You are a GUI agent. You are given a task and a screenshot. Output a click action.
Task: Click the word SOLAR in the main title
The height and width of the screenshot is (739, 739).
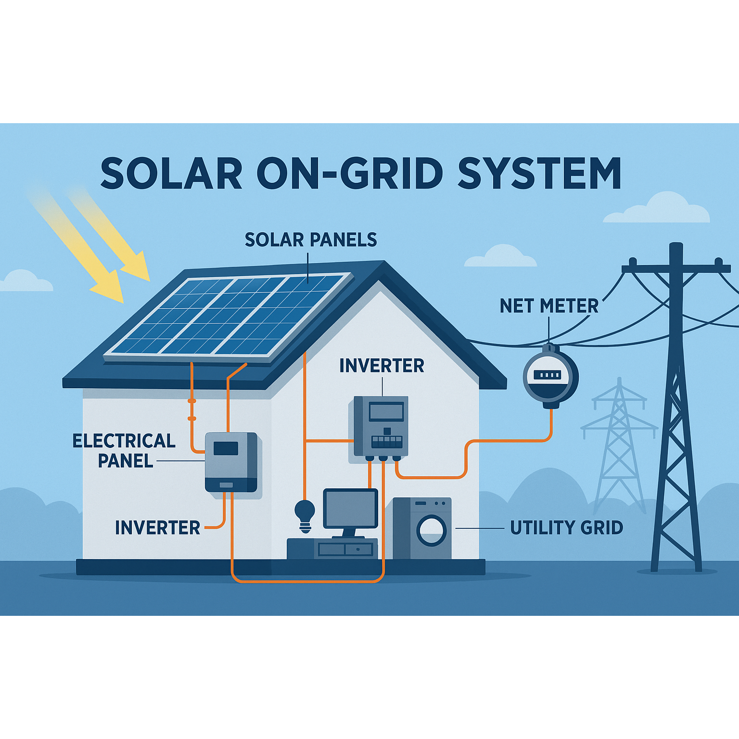tap(171, 173)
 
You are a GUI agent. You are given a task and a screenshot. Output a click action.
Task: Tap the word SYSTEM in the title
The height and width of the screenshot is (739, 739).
tap(539, 173)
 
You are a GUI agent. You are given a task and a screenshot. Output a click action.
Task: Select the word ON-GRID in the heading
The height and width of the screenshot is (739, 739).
tap(350, 173)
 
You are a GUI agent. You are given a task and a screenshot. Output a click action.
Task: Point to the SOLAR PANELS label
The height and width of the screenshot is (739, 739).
tap(311, 240)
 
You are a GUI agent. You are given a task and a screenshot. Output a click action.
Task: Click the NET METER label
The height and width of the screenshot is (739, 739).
tap(549, 306)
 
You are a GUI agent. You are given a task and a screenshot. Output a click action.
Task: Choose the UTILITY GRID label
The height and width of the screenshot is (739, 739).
tap(566, 528)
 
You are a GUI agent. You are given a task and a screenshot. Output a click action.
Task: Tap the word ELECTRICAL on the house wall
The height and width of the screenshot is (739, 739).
tap(124, 441)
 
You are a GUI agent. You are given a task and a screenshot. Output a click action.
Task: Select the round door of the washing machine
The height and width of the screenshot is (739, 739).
tap(432, 531)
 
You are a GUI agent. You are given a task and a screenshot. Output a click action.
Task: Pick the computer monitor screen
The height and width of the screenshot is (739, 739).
tap(350, 509)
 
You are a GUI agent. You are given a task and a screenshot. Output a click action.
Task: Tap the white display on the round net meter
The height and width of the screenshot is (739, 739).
tap(548, 375)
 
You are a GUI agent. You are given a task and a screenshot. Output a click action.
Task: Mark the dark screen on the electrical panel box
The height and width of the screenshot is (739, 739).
tap(226, 448)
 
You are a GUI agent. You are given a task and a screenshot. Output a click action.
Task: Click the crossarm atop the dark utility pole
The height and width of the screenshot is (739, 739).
tap(676, 268)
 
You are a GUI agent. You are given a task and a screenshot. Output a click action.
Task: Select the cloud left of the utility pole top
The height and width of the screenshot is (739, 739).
tap(500, 256)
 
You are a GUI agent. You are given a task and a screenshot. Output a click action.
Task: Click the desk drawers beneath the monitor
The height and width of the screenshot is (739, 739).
tap(345, 549)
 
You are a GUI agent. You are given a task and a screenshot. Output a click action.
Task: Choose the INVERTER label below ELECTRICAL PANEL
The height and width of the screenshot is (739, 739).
tap(157, 528)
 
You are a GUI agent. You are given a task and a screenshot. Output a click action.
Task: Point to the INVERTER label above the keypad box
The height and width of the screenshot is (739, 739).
tap(382, 366)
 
